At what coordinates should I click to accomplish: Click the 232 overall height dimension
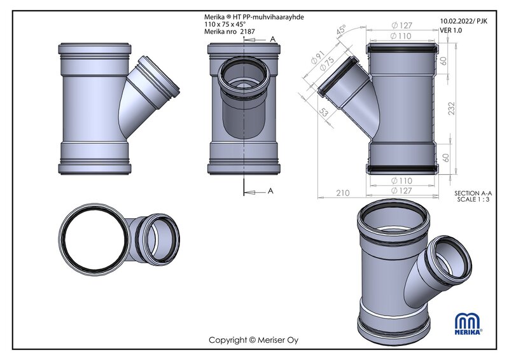pyautogui.click(x=452, y=108)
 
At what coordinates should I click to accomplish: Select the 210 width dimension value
pyautogui.click(x=343, y=193)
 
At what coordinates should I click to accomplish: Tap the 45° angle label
pyautogui.click(x=341, y=30)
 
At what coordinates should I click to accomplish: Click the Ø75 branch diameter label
pyautogui.click(x=327, y=64)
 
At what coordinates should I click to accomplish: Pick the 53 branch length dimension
pyautogui.click(x=324, y=112)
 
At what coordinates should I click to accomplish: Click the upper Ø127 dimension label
pyautogui.click(x=402, y=25)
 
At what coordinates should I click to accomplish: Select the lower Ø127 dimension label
pyautogui.click(x=401, y=191)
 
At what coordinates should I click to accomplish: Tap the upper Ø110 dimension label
pyautogui.click(x=401, y=36)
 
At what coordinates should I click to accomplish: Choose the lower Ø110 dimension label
pyautogui.click(x=401, y=181)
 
